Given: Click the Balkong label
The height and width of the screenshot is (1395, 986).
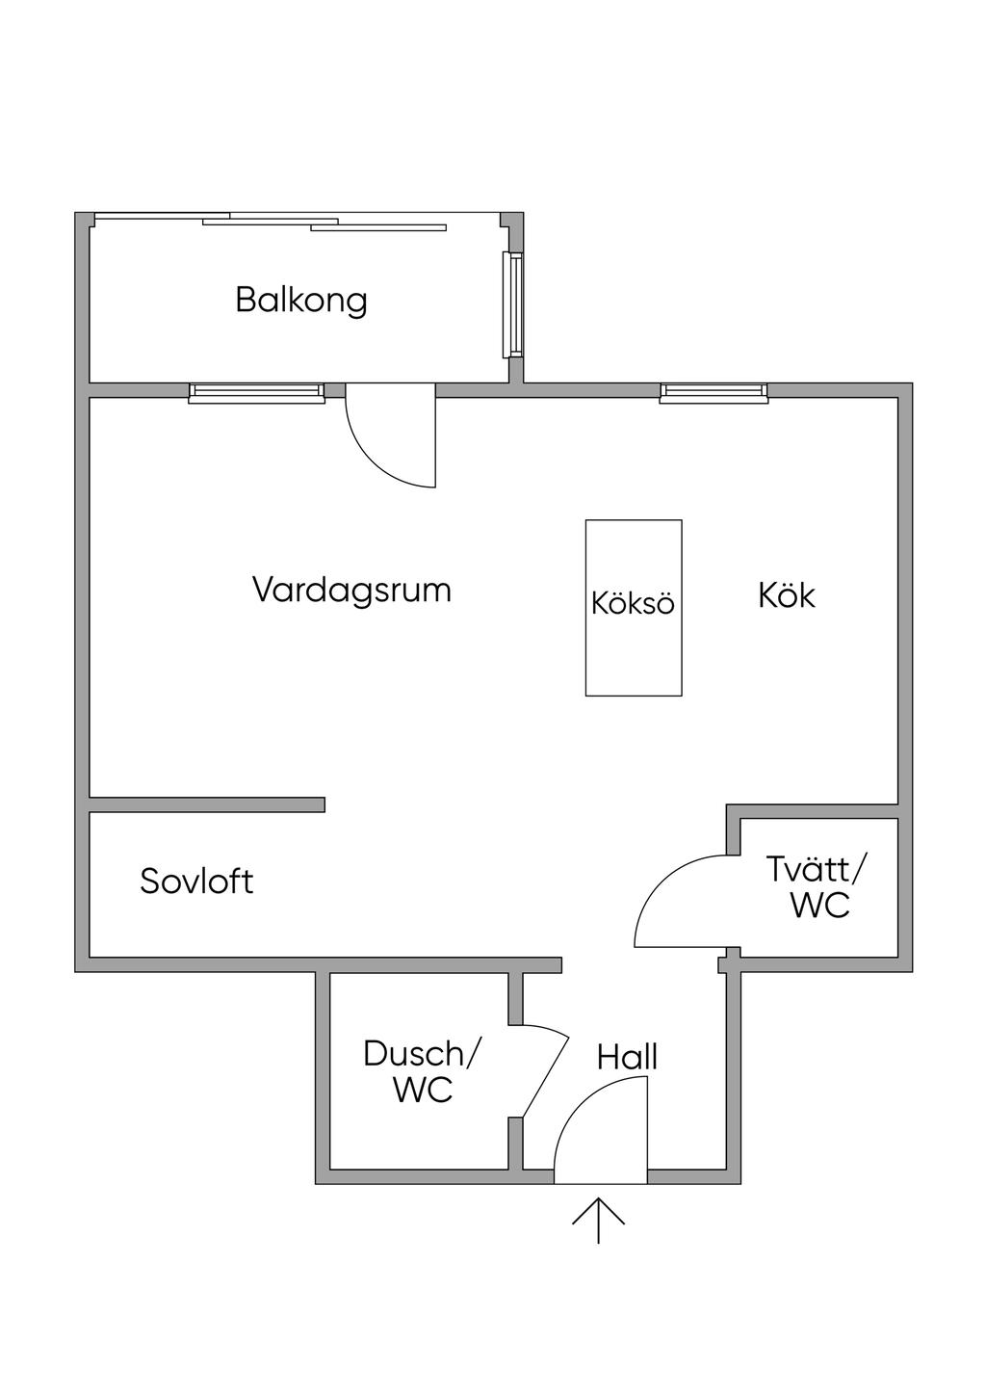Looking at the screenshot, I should click(301, 300).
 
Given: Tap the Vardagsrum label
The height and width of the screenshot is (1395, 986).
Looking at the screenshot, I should click(351, 589).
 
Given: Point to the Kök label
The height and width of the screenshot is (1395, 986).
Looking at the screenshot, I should click(786, 595).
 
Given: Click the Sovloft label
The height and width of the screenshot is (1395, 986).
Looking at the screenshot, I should click(196, 881).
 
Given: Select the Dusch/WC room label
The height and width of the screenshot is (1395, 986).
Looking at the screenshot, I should click(422, 1071).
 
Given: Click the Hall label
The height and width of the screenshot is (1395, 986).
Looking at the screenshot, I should click(627, 1057).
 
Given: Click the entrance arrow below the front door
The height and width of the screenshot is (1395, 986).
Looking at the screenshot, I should click(598, 1220).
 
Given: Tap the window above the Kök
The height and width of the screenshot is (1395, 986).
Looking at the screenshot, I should click(714, 391).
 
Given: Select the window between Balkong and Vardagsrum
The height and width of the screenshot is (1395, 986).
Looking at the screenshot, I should click(255, 391).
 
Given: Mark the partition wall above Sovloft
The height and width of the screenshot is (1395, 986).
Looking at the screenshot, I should click(207, 804).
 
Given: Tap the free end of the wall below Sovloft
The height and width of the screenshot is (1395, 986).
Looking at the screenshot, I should click(557, 964).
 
